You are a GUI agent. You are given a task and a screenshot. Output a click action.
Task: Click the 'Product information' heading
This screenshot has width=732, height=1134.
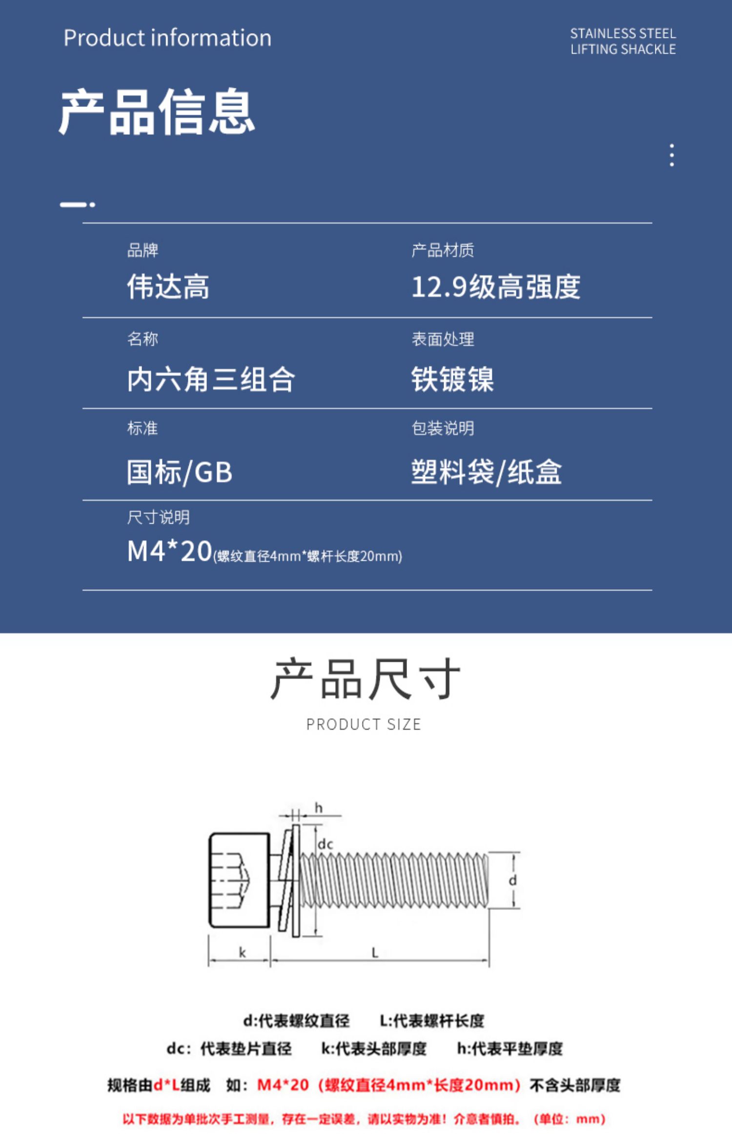[x=167, y=38]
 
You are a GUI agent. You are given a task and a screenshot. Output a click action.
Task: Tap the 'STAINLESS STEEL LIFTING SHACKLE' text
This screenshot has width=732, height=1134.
[x=623, y=42]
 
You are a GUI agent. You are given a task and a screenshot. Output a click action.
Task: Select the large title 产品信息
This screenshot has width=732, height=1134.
[x=157, y=112]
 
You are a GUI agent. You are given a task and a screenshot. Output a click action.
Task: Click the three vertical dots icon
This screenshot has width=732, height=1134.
[x=672, y=155]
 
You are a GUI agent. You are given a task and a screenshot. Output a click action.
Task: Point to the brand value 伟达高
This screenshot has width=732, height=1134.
[x=168, y=286]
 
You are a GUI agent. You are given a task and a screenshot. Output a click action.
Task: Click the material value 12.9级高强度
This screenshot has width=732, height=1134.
[x=496, y=286]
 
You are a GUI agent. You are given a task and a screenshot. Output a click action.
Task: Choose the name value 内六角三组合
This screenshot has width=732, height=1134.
[x=211, y=379]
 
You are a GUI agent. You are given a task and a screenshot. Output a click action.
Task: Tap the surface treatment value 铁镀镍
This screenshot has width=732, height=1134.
[x=452, y=379]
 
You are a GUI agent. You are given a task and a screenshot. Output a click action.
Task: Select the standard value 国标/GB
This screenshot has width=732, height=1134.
[x=180, y=472]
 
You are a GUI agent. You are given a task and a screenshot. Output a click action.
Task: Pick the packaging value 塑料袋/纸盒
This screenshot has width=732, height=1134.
[x=487, y=472]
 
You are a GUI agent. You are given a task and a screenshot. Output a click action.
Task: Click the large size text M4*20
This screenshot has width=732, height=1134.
[x=169, y=551]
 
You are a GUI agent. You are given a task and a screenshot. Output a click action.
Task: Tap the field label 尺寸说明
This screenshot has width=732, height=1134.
[x=158, y=517]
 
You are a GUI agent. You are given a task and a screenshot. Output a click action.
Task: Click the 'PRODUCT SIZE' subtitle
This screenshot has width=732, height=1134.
[x=364, y=724]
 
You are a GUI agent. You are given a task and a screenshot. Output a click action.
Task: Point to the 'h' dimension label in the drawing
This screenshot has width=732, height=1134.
[x=319, y=808]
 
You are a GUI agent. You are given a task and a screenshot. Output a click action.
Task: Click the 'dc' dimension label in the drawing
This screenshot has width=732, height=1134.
[x=325, y=844]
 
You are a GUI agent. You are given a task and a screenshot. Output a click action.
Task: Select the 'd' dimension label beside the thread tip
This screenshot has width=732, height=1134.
[x=512, y=881]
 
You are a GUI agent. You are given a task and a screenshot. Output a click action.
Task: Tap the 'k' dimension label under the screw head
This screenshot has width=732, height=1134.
[x=242, y=952]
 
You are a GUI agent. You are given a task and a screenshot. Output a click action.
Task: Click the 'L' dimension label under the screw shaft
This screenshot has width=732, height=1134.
[x=375, y=952]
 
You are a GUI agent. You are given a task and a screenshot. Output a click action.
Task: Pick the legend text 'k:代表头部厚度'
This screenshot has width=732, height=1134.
[x=374, y=1048]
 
